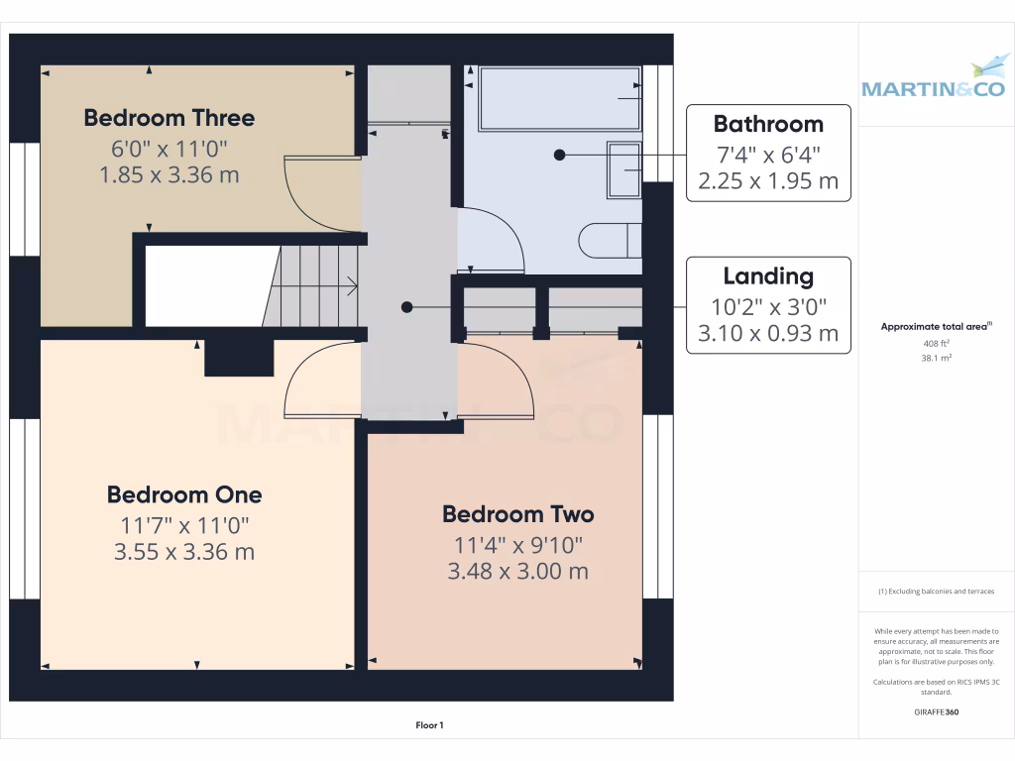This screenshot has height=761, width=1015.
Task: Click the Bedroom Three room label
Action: [169, 118]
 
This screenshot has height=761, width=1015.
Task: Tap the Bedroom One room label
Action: [184, 494]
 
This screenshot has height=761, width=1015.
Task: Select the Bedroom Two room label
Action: [517, 514]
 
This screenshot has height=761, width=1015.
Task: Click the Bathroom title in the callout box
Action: [768, 124]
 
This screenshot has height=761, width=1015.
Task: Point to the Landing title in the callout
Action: [768, 276]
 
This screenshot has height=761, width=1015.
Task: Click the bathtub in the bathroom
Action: [559, 99]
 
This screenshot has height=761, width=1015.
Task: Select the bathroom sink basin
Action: [623, 170]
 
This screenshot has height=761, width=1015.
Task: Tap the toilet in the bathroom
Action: [608, 241]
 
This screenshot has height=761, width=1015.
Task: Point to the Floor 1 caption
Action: [429, 725]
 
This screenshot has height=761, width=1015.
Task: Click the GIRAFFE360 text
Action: [936, 712]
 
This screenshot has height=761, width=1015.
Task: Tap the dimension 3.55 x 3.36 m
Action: [184, 552]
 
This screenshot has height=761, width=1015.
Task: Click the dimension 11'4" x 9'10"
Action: [517, 545]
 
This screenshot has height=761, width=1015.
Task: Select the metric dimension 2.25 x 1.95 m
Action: [768, 181]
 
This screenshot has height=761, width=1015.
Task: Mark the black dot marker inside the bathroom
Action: [559, 155]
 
